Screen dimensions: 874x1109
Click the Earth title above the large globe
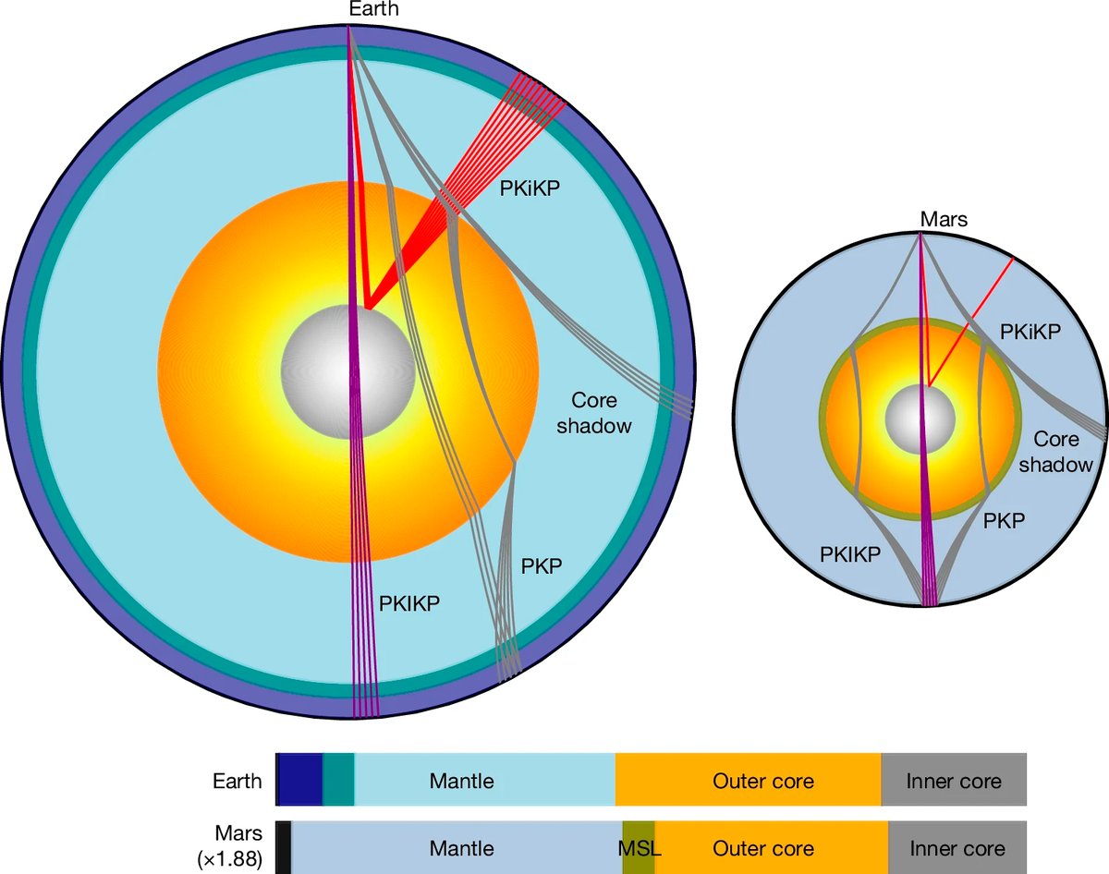click(x=374, y=9)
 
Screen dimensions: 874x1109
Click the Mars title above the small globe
click(x=943, y=219)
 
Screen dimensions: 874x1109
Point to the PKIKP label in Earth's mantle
click(x=409, y=603)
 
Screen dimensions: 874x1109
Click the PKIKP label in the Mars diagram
click(x=850, y=554)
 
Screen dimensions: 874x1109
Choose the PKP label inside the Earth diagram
click(x=542, y=565)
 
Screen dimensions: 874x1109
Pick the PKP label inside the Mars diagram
click(x=1003, y=520)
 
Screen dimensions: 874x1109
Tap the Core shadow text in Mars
click(x=1062, y=452)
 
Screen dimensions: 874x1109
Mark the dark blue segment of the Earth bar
click(x=300, y=779)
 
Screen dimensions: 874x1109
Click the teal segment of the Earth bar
click(x=338, y=779)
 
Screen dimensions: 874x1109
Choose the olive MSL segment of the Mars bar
click(x=639, y=847)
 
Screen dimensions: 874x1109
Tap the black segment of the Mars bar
click(x=284, y=847)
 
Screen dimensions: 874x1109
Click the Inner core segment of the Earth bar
click(x=954, y=781)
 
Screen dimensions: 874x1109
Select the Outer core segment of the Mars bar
click(x=763, y=847)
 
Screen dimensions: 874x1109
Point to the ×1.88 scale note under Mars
click(x=230, y=859)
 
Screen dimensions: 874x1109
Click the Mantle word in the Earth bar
click(x=462, y=781)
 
